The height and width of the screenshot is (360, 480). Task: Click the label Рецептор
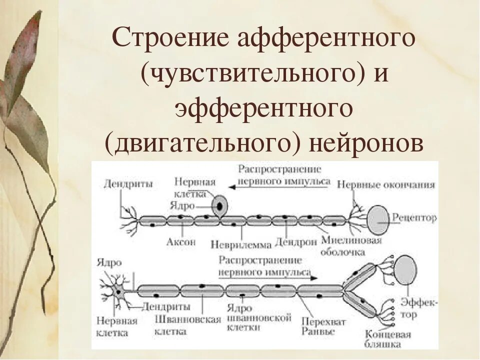[414, 218]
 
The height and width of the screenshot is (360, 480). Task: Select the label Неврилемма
[241, 245]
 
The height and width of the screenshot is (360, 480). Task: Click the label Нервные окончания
[386, 184]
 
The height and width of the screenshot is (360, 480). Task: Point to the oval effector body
[405, 269]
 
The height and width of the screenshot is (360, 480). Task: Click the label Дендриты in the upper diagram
[122, 183]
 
